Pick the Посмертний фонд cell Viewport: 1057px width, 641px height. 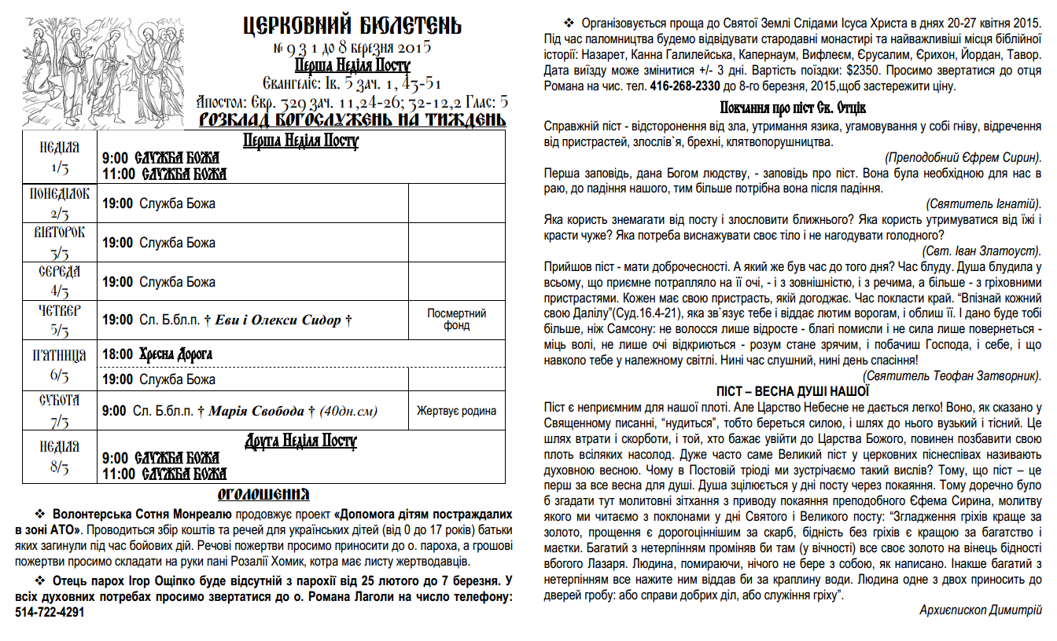(x=456, y=320)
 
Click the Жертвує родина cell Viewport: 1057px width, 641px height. (x=456, y=410)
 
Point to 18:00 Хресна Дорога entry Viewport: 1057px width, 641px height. (x=157, y=354)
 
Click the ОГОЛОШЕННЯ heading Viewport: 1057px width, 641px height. (x=263, y=494)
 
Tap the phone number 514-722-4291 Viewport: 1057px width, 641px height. (x=49, y=612)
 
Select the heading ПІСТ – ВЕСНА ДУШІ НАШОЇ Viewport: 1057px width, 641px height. (x=793, y=391)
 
